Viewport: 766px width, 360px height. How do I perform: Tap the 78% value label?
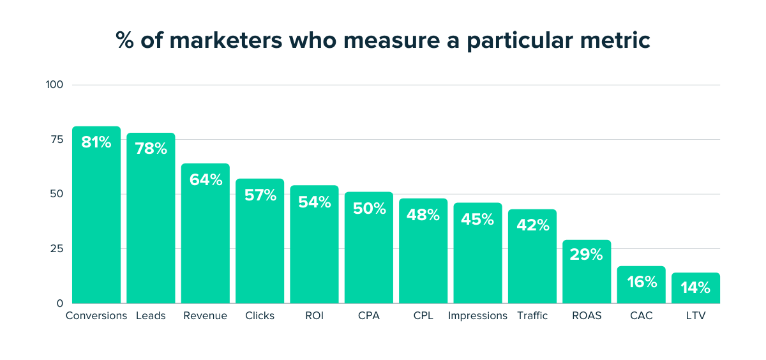coord(151,149)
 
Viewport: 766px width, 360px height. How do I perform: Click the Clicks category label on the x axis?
coord(260,316)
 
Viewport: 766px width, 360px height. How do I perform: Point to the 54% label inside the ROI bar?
coord(315,202)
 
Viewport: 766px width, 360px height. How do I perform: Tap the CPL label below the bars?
coord(423,316)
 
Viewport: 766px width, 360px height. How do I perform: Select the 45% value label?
coord(478,220)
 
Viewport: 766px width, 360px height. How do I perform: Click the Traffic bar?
coord(532,262)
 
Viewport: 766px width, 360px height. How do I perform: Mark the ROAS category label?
coord(587,316)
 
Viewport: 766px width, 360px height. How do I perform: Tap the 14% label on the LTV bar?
coord(695,288)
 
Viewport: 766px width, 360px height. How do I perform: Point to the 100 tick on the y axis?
coord(54,85)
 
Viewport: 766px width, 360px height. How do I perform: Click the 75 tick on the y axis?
coord(57,139)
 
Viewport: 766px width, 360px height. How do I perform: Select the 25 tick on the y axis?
coord(57,248)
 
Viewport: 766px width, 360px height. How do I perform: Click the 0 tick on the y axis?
coord(60,303)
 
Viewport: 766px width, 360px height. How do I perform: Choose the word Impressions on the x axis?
coord(477,316)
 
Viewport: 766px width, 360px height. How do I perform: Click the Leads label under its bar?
coord(151,316)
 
